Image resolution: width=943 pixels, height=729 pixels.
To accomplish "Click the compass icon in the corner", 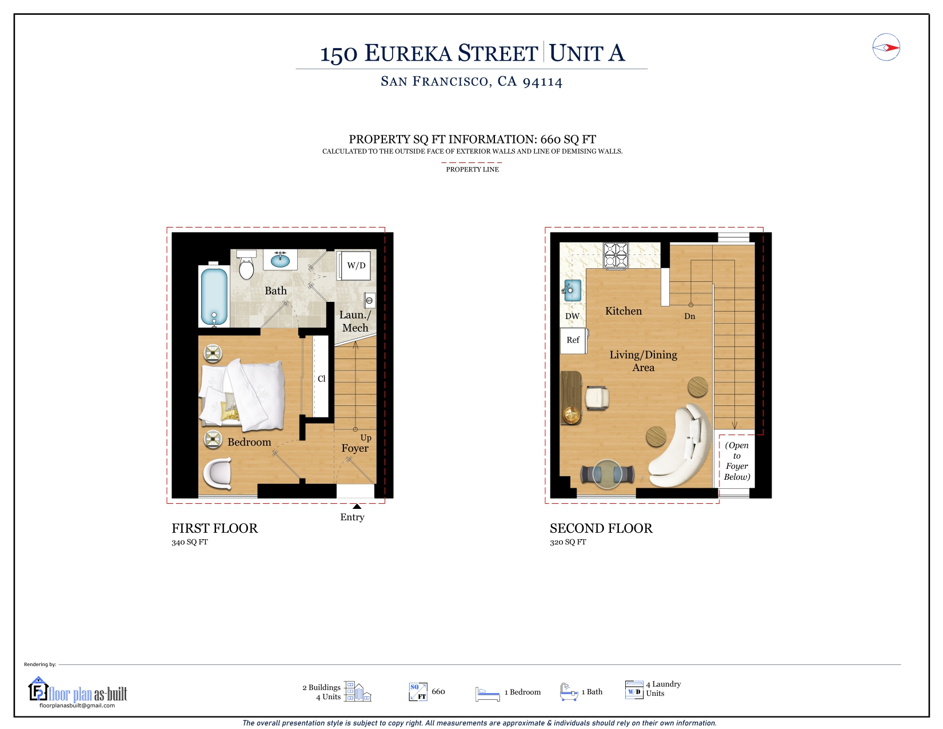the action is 886,47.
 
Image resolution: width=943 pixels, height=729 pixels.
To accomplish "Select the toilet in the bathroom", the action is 246,265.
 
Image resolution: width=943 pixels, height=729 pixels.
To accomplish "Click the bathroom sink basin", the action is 281,260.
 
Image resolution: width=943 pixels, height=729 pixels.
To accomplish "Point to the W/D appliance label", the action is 356,265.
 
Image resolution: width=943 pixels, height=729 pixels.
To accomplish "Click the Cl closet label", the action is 321,379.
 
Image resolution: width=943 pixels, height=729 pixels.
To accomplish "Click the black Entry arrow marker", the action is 357,506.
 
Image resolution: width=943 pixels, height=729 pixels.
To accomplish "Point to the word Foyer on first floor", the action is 354,448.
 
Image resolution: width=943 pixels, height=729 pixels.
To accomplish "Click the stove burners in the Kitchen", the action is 616,256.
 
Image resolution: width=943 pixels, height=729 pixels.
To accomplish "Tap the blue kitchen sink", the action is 573,290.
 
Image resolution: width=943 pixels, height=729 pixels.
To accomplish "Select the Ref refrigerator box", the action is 573,340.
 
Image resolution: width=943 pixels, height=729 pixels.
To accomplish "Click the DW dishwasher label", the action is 572,316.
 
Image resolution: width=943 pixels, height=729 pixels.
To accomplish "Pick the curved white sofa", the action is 680,445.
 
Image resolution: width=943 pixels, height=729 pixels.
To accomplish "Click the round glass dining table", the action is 607,474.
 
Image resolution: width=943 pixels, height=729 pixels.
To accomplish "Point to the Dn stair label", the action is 690,316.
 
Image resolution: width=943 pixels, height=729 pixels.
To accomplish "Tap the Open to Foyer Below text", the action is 737,461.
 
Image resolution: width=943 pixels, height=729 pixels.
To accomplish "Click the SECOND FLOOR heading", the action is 601,528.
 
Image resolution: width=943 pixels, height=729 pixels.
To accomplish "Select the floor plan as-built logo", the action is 78,692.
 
